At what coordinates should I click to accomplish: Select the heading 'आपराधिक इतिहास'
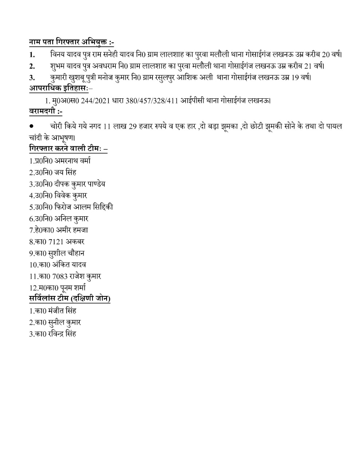[x=58, y=88]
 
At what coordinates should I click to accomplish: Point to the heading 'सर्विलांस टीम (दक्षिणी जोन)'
[x=70, y=299]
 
